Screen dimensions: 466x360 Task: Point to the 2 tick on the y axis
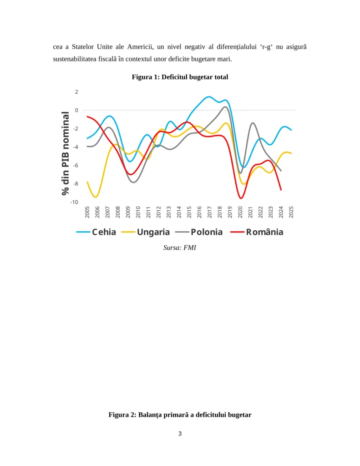[x=76, y=92]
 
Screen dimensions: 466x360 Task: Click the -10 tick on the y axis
[x=74, y=202]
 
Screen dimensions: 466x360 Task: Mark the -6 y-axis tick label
[x=76, y=166]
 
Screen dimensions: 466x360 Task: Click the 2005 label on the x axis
[x=87, y=212]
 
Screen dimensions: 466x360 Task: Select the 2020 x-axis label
[x=240, y=212]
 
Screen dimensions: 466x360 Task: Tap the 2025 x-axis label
[x=291, y=212]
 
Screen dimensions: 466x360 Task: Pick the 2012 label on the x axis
[x=159, y=212]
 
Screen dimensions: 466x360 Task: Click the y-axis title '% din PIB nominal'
[x=66, y=153]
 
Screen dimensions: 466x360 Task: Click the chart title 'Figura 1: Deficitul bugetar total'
[x=180, y=77]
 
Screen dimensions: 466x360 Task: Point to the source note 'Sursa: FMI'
[x=180, y=248]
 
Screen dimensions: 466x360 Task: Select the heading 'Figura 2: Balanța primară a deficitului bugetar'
[x=180, y=415]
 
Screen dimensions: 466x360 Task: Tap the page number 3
[x=180, y=433]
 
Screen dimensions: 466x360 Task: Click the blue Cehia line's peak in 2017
[x=209, y=97]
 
